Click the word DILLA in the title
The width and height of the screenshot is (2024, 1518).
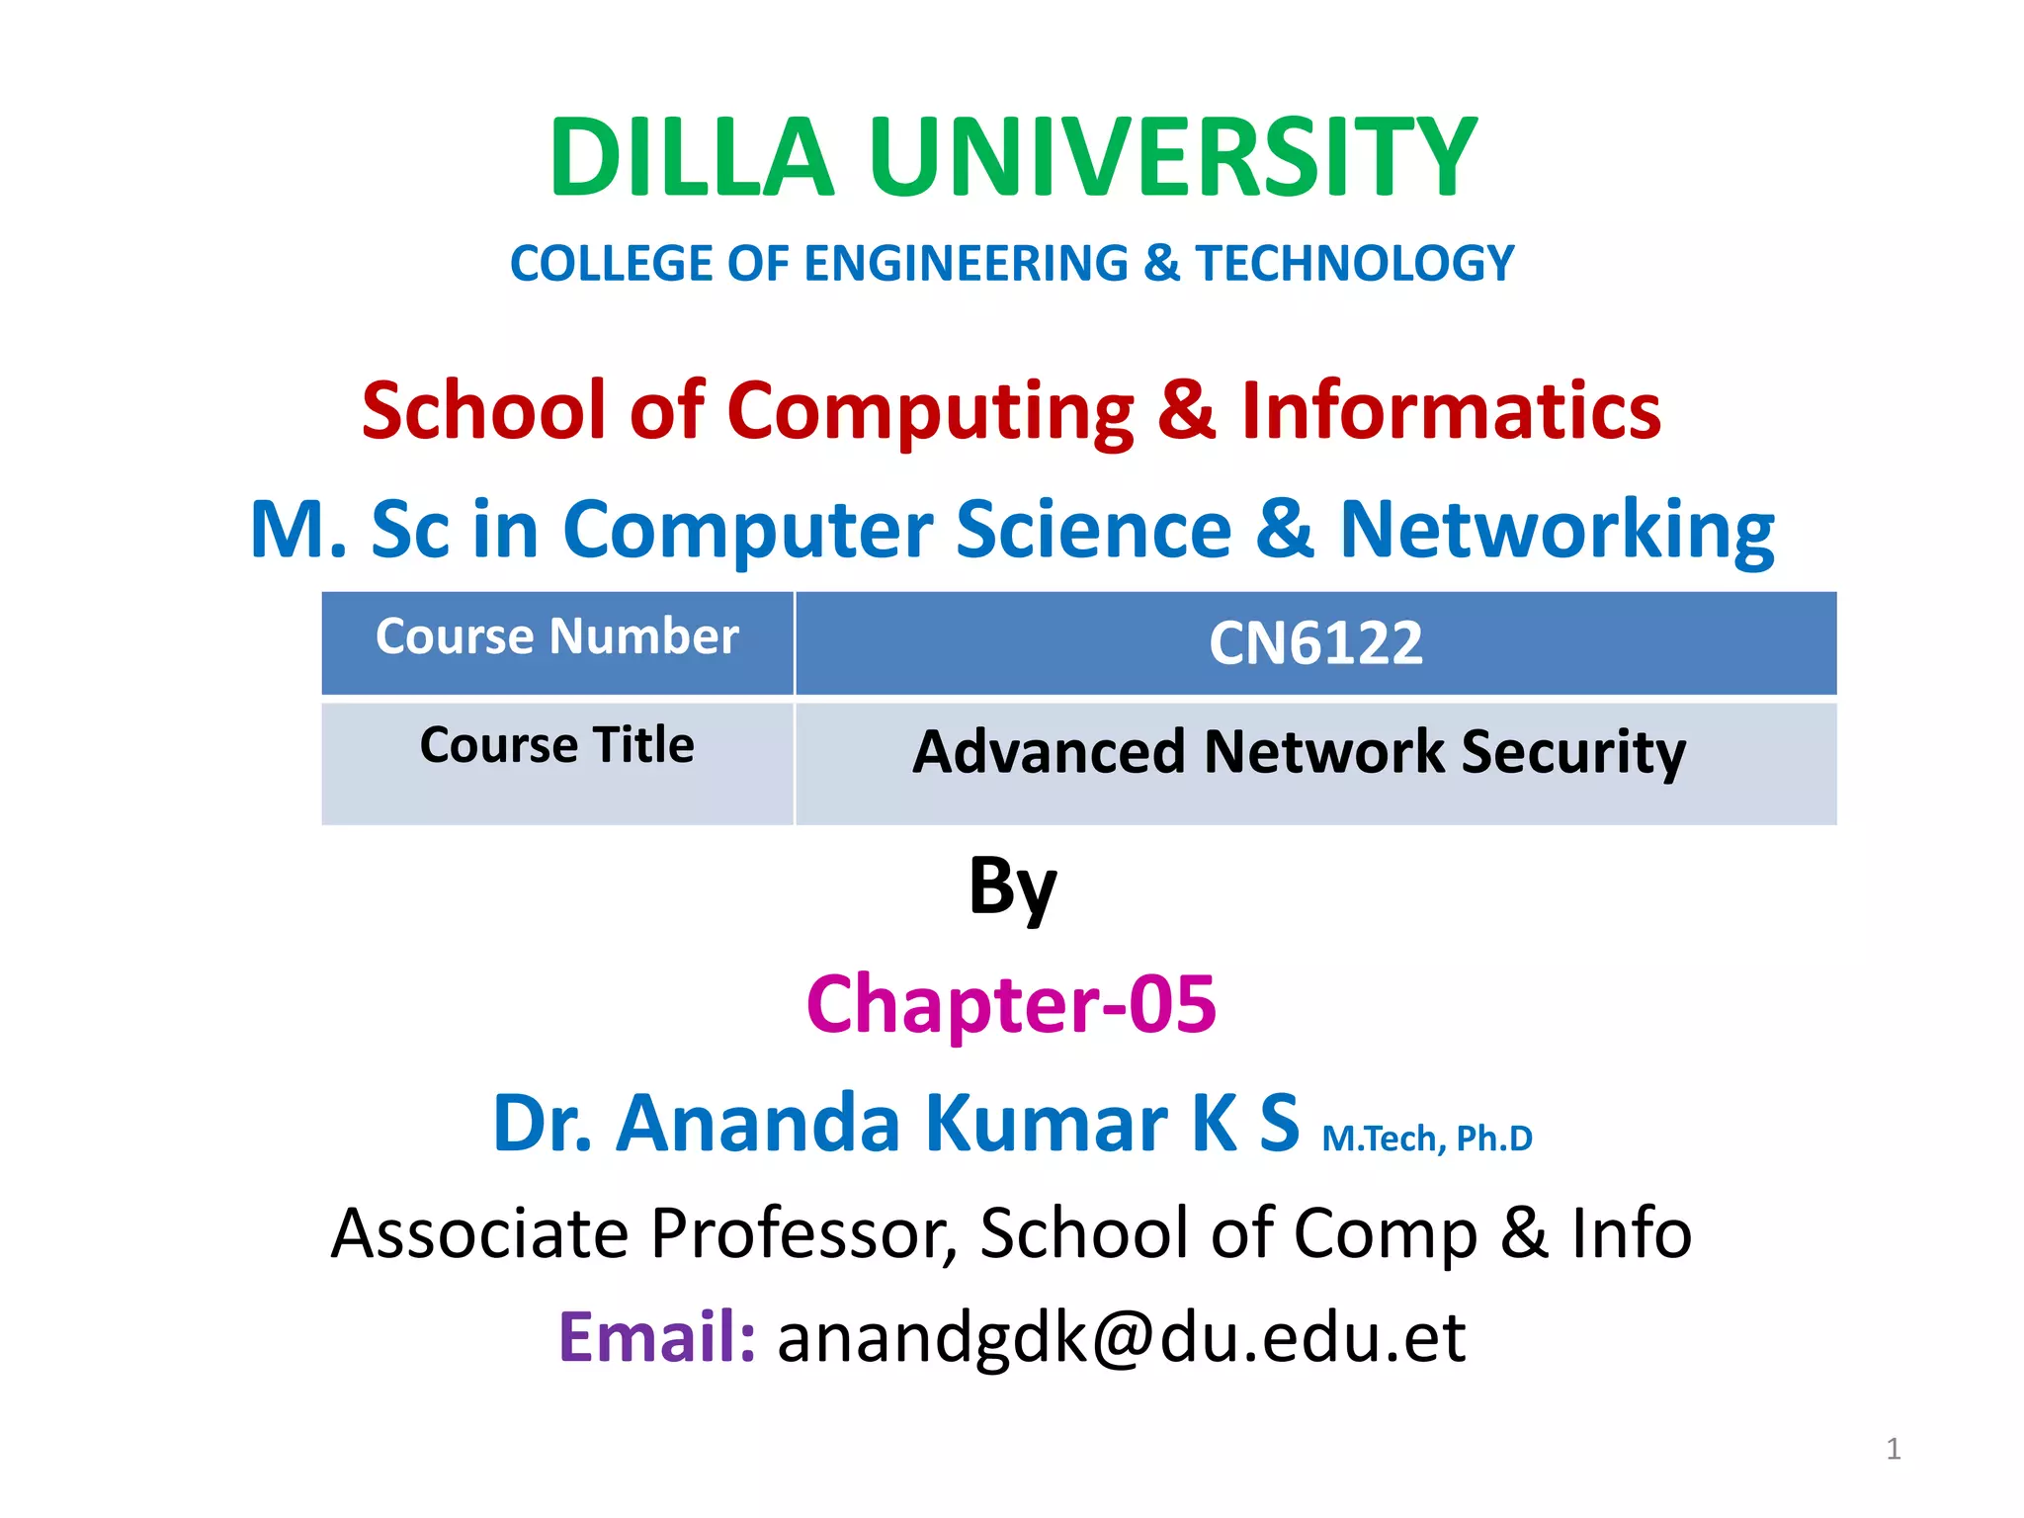[x=692, y=158]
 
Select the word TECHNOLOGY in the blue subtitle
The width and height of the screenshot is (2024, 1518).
[x=1355, y=264]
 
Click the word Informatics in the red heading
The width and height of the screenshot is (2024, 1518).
[x=1451, y=410]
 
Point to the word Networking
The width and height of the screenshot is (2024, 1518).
[x=1557, y=531]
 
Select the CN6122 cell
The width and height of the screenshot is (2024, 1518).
[x=1315, y=643]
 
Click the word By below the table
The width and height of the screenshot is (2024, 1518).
[x=1012, y=886]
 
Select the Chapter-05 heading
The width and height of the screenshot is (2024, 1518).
[x=1011, y=1004]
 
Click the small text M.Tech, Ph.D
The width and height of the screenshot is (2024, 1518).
[x=1427, y=1138]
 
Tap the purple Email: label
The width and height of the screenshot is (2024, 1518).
[x=657, y=1337]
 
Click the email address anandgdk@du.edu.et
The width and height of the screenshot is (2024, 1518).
[x=1121, y=1337]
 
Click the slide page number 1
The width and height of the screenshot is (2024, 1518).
[x=1893, y=1449]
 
